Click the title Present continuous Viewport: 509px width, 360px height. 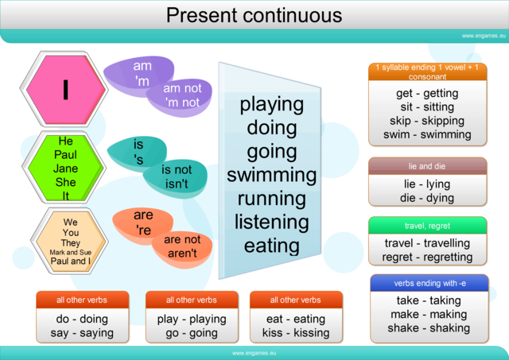point(254,15)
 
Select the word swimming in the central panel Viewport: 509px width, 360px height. point(272,175)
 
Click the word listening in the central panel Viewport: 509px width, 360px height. point(272,222)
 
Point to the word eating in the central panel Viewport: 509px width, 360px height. point(272,246)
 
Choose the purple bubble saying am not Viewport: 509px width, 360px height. point(181,95)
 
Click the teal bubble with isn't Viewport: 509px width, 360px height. point(176,177)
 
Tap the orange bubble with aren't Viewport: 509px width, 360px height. point(181,246)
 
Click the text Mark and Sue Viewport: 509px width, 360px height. point(66,252)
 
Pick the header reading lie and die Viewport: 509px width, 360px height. point(428,166)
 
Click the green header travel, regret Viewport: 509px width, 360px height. point(428,226)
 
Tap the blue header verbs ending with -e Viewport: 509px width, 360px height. point(428,283)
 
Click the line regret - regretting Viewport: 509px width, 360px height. point(427,257)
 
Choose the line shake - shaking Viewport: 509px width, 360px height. point(428,327)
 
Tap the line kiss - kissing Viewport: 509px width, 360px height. point(296,333)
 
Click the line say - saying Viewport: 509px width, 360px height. point(82,333)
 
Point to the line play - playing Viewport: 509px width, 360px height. point(192,319)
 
